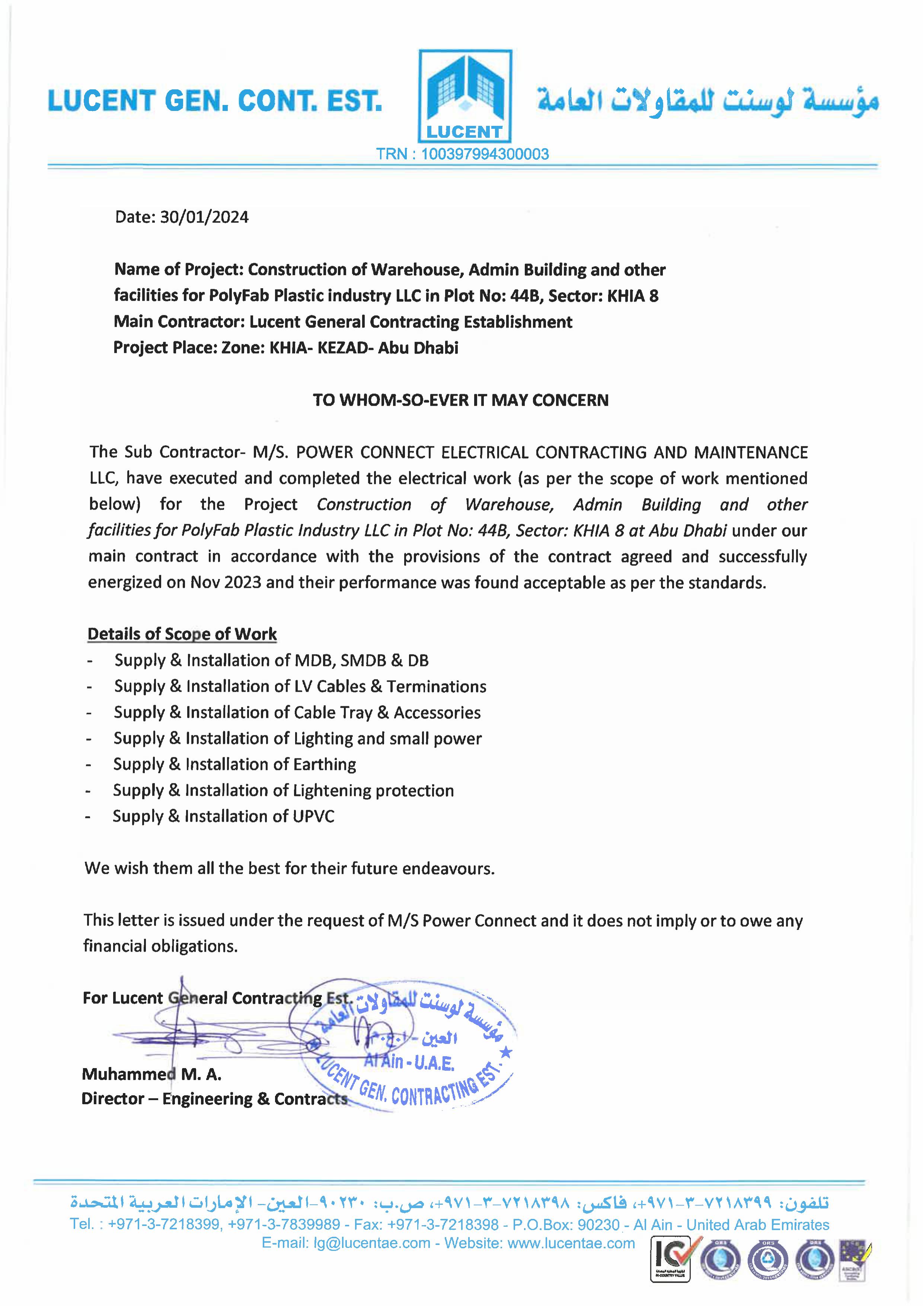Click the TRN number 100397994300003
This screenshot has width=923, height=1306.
pyautogui.click(x=485, y=154)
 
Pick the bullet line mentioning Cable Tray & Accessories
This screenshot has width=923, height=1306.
pyautogui.click(x=297, y=712)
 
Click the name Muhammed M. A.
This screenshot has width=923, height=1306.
pyautogui.click(x=151, y=1074)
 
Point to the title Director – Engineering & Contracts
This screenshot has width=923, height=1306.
pyautogui.click(x=214, y=1098)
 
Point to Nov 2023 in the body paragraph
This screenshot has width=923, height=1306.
pyautogui.click(x=226, y=583)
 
